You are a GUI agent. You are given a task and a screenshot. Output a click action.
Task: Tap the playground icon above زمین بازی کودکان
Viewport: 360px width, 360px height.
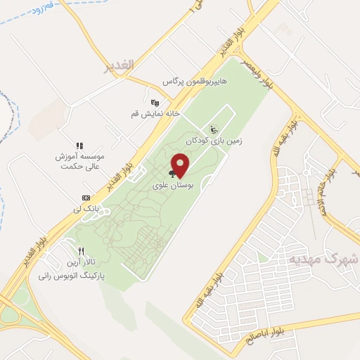tap(214, 129)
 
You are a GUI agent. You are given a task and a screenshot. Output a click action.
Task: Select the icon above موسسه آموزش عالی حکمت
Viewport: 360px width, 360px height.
tap(79, 146)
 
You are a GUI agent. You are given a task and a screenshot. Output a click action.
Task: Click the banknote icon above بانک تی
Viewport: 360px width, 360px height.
tap(86, 198)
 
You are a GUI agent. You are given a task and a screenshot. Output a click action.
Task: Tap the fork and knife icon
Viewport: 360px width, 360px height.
tap(82, 251)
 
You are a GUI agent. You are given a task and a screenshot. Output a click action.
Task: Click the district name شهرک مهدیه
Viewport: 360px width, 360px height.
tap(333, 260)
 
